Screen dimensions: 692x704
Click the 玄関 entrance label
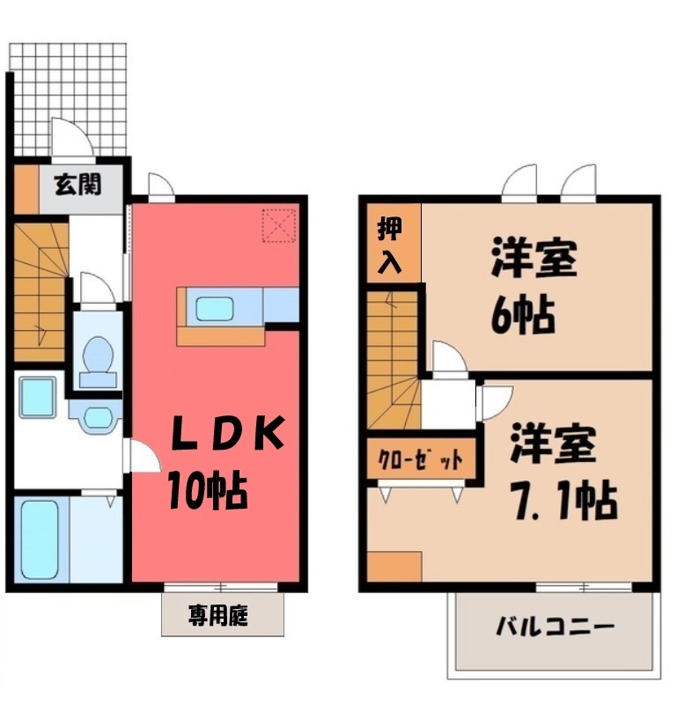(x=78, y=184)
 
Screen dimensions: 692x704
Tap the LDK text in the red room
(x=228, y=433)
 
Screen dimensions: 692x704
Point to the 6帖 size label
(x=522, y=314)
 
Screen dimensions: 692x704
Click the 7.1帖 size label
(x=565, y=500)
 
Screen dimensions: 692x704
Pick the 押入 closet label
(x=389, y=245)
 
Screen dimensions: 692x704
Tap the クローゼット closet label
(x=420, y=459)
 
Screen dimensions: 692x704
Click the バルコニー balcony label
(x=555, y=627)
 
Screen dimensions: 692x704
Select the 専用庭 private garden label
(x=218, y=615)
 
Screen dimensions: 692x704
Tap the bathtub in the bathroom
(x=40, y=539)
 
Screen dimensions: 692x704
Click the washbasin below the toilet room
(x=98, y=417)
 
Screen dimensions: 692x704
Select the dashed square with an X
(x=279, y=225)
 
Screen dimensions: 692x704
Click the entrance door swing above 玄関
(x=73, y=138)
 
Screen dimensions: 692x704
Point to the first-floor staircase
(x=40, y=292)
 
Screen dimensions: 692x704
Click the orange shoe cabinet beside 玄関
(x=26, y=189)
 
